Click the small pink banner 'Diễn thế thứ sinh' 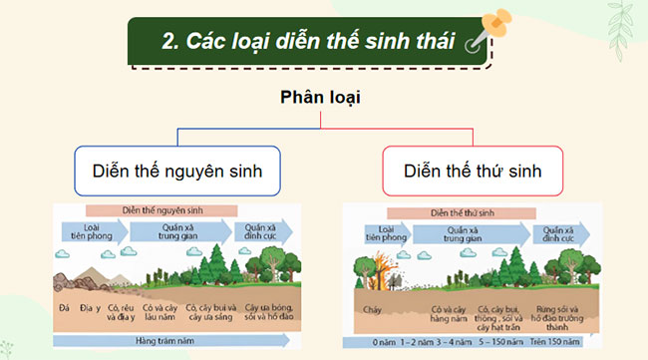click(468, 212)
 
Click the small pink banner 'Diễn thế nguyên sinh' click(162, 210)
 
